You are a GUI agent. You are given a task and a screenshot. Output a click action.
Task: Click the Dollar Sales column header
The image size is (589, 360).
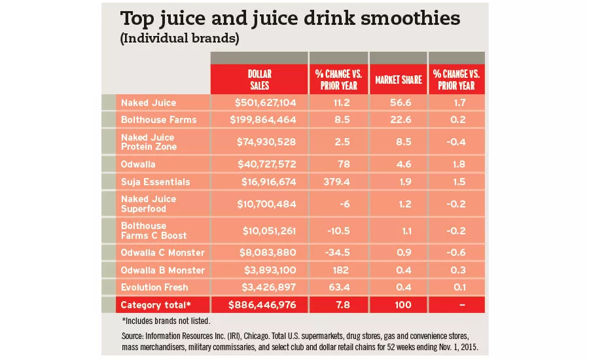point(259,80)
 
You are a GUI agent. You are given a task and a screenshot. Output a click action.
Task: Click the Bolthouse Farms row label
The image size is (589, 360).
point(158,120)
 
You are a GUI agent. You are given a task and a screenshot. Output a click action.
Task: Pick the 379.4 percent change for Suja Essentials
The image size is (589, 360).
point(338,181)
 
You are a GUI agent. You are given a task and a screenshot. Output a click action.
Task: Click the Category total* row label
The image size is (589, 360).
point(155,304)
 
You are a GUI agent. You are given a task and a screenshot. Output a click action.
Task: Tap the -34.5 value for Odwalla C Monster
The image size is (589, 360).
point(338,253)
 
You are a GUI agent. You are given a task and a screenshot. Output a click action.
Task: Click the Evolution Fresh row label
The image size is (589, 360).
point(154,287)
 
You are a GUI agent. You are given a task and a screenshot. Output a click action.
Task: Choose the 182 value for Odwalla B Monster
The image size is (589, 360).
point(338,270)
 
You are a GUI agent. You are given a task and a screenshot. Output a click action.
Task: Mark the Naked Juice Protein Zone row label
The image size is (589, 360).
point(148,142)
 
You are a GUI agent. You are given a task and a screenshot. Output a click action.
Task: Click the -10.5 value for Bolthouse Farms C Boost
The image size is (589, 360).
point(338,230)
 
